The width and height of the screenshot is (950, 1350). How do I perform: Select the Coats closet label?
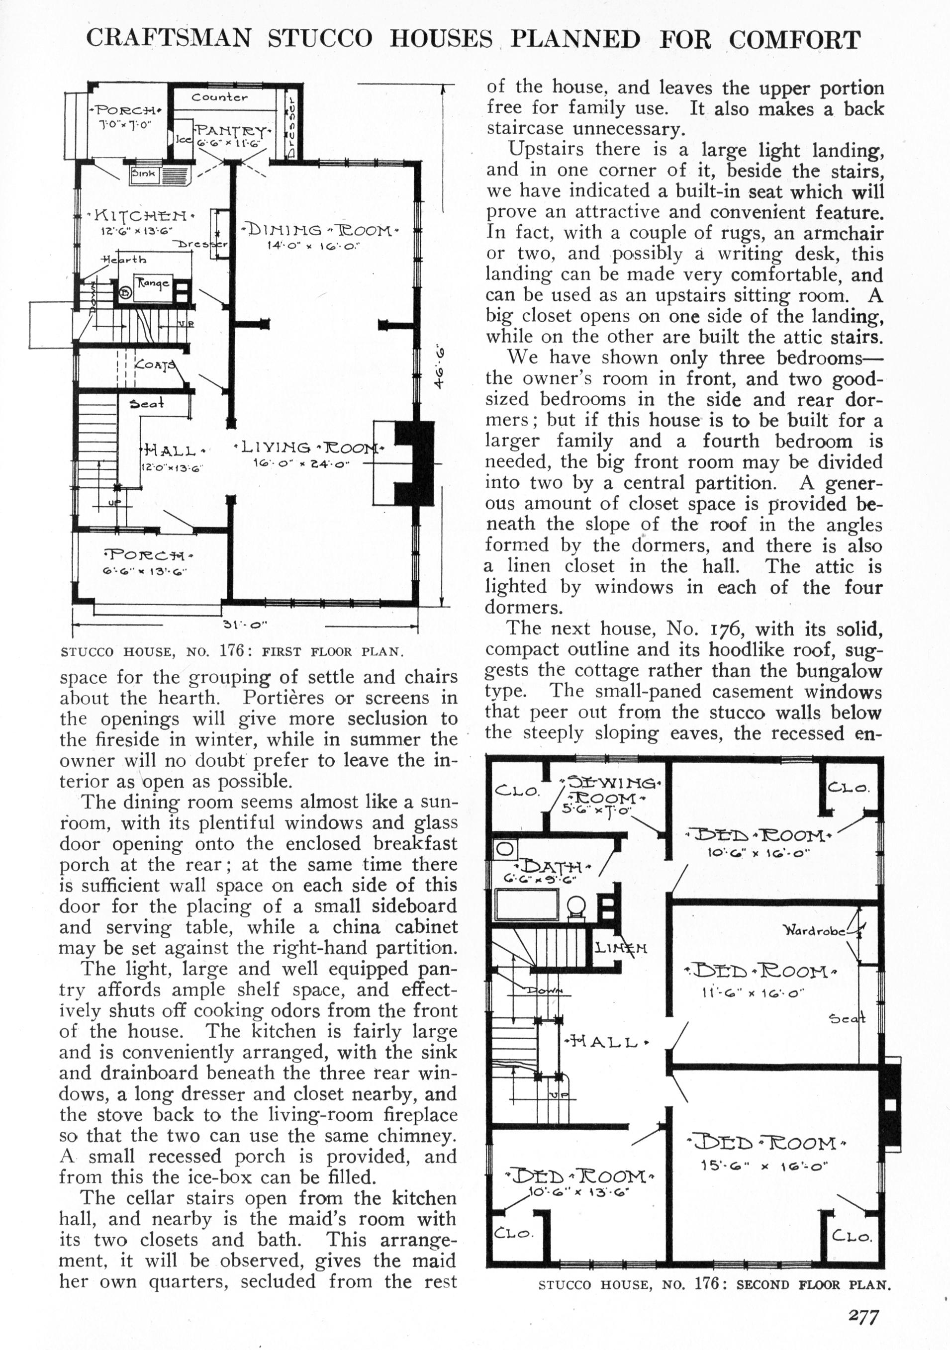click(x=154, y=364)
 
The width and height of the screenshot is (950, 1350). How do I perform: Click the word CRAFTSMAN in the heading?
click(x=168, y=39)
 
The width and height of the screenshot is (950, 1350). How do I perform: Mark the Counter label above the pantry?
click(x=219, y=97)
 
